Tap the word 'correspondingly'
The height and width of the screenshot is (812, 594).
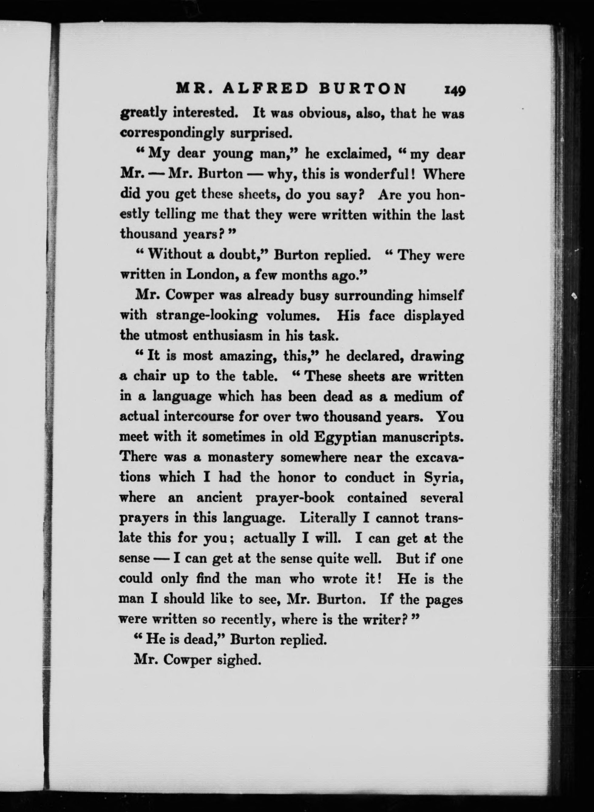point(172,133)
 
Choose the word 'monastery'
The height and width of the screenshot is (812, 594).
point(241,457)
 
